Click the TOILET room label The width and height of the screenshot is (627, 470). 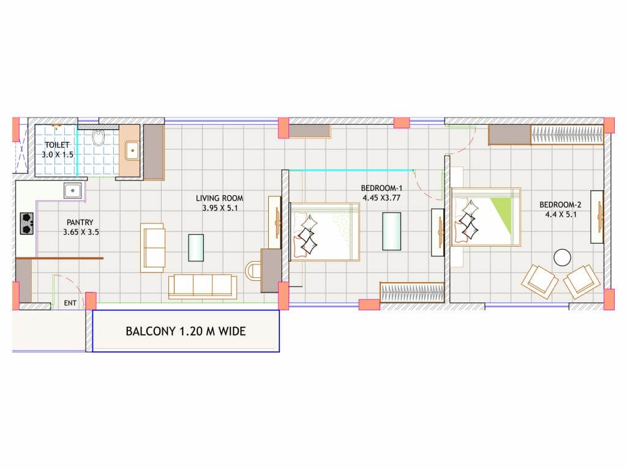57,144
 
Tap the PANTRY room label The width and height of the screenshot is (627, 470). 80,222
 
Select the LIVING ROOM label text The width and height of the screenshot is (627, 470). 220,198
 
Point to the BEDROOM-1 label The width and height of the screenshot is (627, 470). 381,188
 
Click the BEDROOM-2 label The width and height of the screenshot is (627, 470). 560,204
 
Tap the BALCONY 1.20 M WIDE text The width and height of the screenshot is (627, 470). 186,331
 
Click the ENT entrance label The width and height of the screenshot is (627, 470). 70,303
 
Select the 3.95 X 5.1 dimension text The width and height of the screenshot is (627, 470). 220,208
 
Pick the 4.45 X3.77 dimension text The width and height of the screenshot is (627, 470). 381,198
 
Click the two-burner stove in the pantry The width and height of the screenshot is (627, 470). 27,223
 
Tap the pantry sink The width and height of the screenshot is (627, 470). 73,191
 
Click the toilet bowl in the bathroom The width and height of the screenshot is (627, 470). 98,137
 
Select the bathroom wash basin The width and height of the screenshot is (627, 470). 132,151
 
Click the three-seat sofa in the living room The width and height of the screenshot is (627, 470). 203,286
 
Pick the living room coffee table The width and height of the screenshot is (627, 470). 196,248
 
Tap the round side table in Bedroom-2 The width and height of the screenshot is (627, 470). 562,258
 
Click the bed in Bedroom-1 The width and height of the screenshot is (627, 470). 325,232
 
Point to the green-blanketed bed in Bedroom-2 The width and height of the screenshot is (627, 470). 486,217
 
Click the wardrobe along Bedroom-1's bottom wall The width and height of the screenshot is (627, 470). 412,293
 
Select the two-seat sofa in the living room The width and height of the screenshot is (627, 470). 152,248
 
